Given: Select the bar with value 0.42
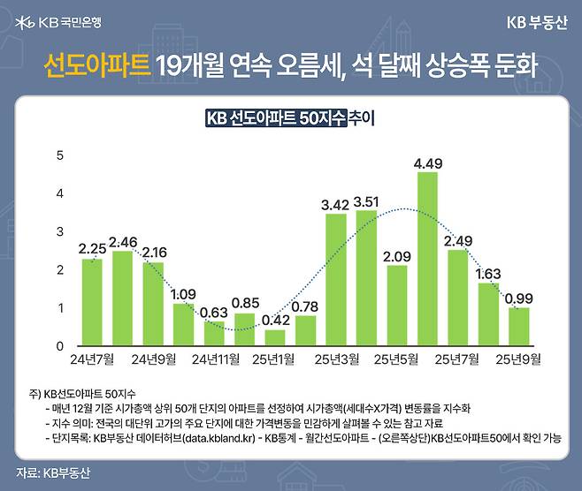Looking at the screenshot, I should click(275, 336).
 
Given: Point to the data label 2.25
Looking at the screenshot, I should click(92, 248).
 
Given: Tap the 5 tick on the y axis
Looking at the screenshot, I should click(60, 155).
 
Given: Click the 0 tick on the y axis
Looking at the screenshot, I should click(60, 345).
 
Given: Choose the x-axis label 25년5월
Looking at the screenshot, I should click(397, 359).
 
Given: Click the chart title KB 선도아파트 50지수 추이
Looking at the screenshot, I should click(290, 118).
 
